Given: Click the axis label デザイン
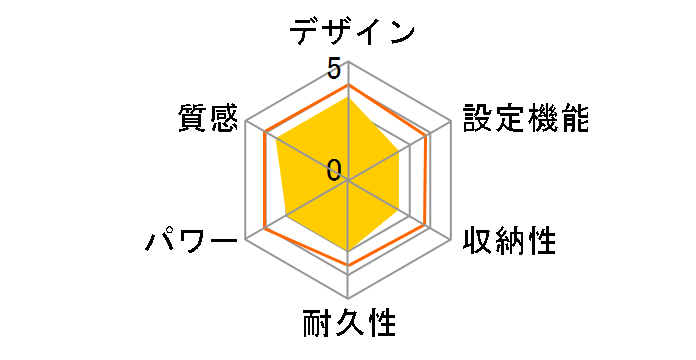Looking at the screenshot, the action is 352,31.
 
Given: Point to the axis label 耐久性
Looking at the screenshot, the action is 349,325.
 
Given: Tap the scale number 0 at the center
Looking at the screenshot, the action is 333,169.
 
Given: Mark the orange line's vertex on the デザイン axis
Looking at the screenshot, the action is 348,86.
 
